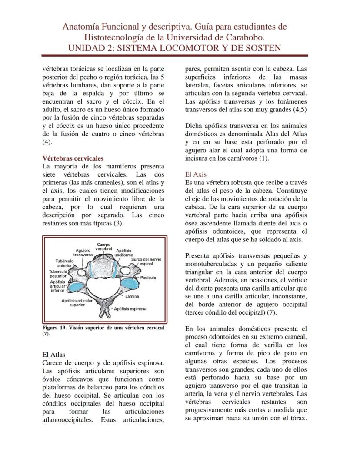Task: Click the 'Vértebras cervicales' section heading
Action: tap(73, 158)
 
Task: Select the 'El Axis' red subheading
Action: tap(196, 174)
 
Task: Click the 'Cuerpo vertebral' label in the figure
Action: tap(103, 246)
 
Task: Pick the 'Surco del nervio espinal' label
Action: tap(146, 261)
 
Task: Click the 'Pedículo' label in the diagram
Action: tap(148, 278)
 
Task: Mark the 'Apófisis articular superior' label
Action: tap(77, 302)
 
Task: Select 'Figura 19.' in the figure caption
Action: tap(54, 328)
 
